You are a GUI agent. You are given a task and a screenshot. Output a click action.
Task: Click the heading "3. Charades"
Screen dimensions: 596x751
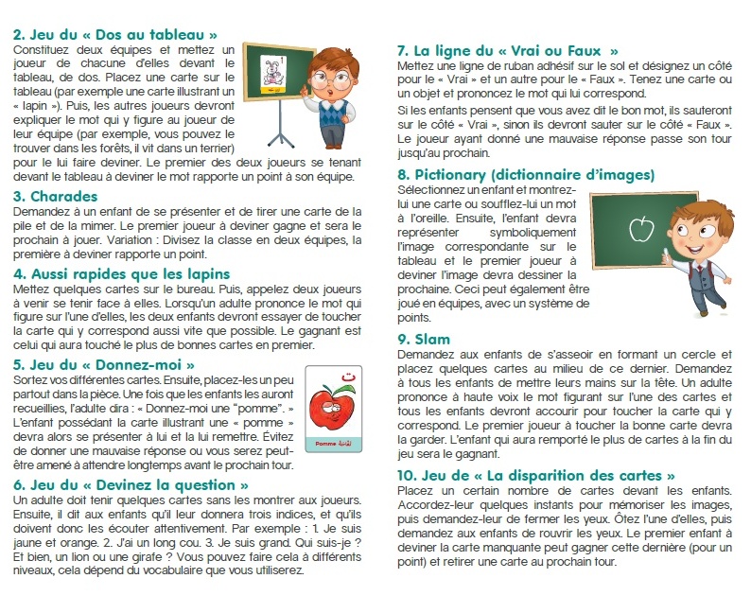57,196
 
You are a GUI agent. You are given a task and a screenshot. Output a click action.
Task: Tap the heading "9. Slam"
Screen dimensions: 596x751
423,338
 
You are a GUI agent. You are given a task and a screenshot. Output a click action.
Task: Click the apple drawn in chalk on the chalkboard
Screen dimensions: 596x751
641,227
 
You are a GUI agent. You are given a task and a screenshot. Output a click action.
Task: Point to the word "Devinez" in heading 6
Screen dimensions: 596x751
124,484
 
